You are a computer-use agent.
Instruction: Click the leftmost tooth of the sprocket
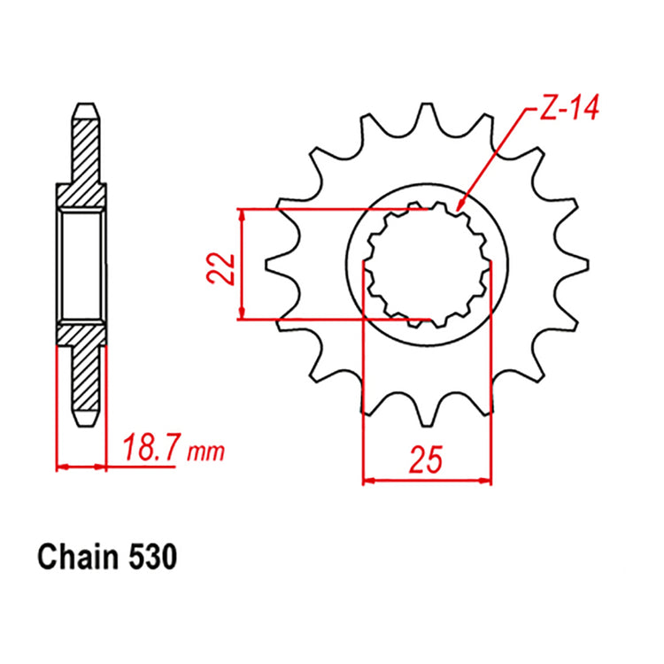click(x=276, y=264)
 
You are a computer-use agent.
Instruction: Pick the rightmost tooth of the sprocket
click(x=580, y=264)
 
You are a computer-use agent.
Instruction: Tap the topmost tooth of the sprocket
click(x=428, y=113)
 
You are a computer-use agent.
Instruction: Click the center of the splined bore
click(x=428, y=264)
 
